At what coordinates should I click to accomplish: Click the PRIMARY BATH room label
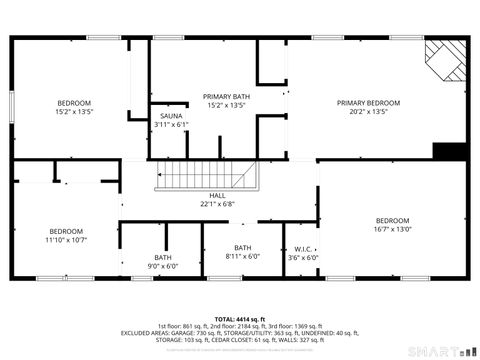point(227,96)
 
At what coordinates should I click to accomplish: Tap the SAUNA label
point(170,117)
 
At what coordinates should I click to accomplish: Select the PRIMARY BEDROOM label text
point(368,103)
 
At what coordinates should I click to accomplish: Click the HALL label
point(217,196)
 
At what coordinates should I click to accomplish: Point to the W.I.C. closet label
point(302,249)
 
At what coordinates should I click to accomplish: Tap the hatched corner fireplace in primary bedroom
point(446,62)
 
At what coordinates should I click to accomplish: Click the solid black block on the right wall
point(450,151)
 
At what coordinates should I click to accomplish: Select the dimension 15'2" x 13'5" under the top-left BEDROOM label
point(74,113)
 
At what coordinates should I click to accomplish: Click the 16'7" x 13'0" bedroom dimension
point(392,229)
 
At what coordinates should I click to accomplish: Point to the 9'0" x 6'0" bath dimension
point(162,266)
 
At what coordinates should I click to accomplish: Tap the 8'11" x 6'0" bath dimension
point(242,256)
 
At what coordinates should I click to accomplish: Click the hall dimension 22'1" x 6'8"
point(217,204)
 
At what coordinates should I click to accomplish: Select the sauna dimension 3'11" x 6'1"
point(171,125)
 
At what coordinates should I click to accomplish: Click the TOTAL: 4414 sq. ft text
point(240,319)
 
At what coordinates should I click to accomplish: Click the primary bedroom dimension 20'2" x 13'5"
point(368,112)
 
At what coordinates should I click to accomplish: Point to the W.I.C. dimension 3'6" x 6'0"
point(302,257)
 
